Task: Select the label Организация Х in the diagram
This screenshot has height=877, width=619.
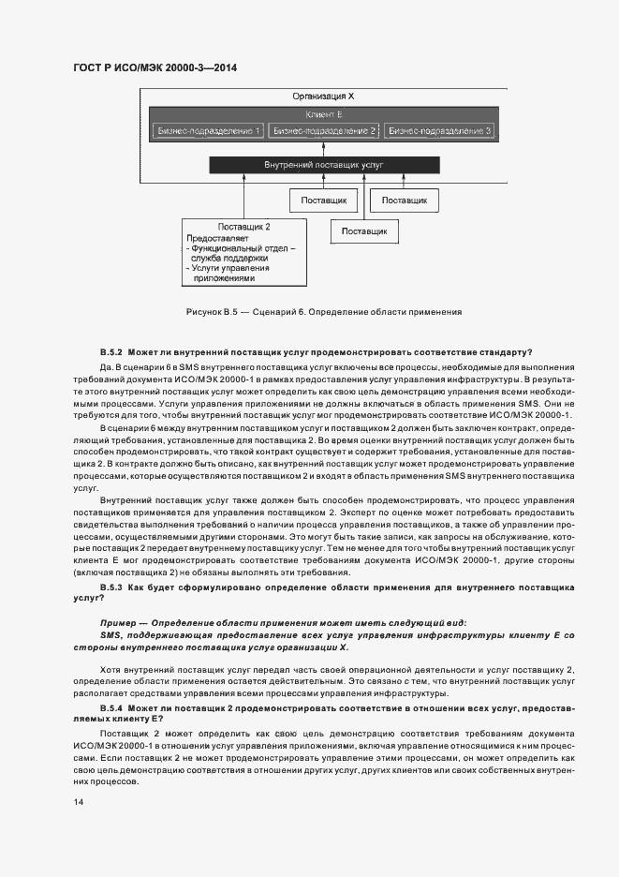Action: coord(323,97)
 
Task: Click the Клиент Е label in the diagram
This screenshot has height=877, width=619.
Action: coord(323,113)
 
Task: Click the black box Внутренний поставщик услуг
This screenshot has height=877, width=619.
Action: coord(323,165)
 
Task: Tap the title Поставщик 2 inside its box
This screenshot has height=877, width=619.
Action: coord(244,227)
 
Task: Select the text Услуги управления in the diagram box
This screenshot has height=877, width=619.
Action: coord(228,269)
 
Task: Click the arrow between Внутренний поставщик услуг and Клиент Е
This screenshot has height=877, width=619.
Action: coord(323,148)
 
